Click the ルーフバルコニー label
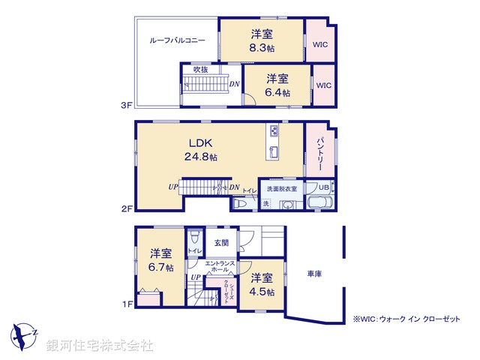172,40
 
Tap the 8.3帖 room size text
261,46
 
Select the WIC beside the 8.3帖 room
319,44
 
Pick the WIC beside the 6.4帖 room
323,85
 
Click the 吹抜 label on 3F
201,69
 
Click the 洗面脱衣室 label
281,188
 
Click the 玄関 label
221,242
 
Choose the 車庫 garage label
315,274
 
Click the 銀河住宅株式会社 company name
100,346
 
